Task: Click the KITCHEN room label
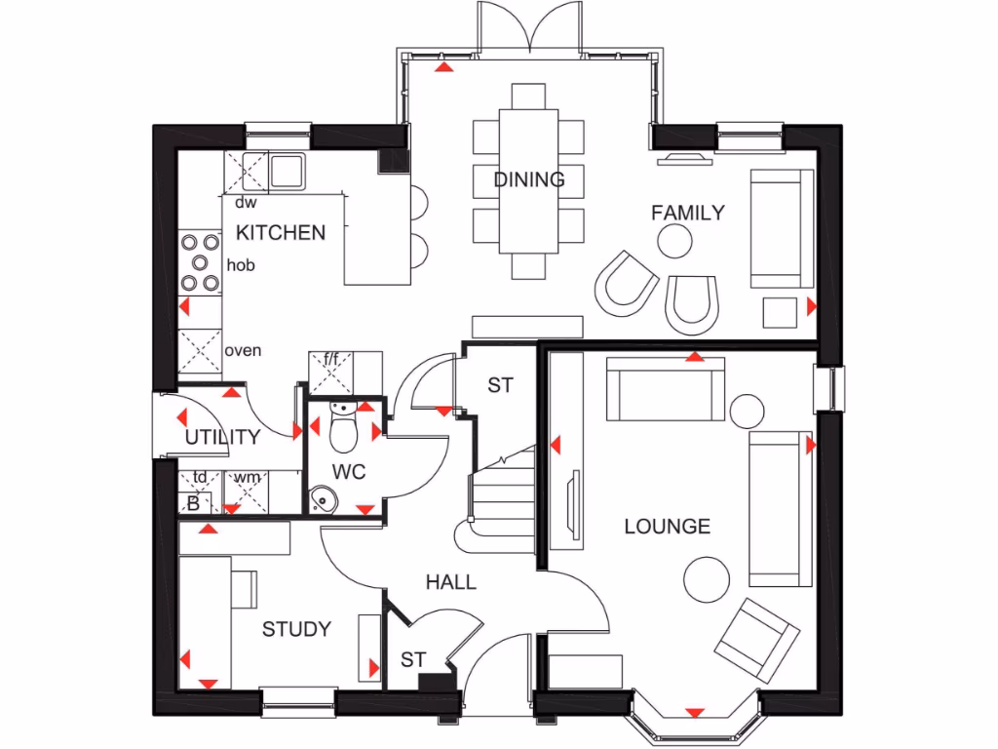click(x=282, y=233)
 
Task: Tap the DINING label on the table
click(x=528, y=180)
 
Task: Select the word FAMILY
click(x=688, y=212)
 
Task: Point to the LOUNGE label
click(x=667, y=527)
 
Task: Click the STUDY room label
click(x=296, y=630)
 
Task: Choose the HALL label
click(x=451, y=582)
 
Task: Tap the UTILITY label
click(x=222, y=437)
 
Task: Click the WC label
click(x=349, y=472)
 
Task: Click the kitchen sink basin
click(x=287, y=172)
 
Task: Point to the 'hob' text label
click(x=241, y=265)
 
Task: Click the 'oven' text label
click(x=243, y=350)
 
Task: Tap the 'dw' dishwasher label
click(x=246, y=204)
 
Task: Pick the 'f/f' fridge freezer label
click(x=331, y=360)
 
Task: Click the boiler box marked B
click(x=193, y=503)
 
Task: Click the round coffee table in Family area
click(x=673, y=239)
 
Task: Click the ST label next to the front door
click(x=413, y=660)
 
